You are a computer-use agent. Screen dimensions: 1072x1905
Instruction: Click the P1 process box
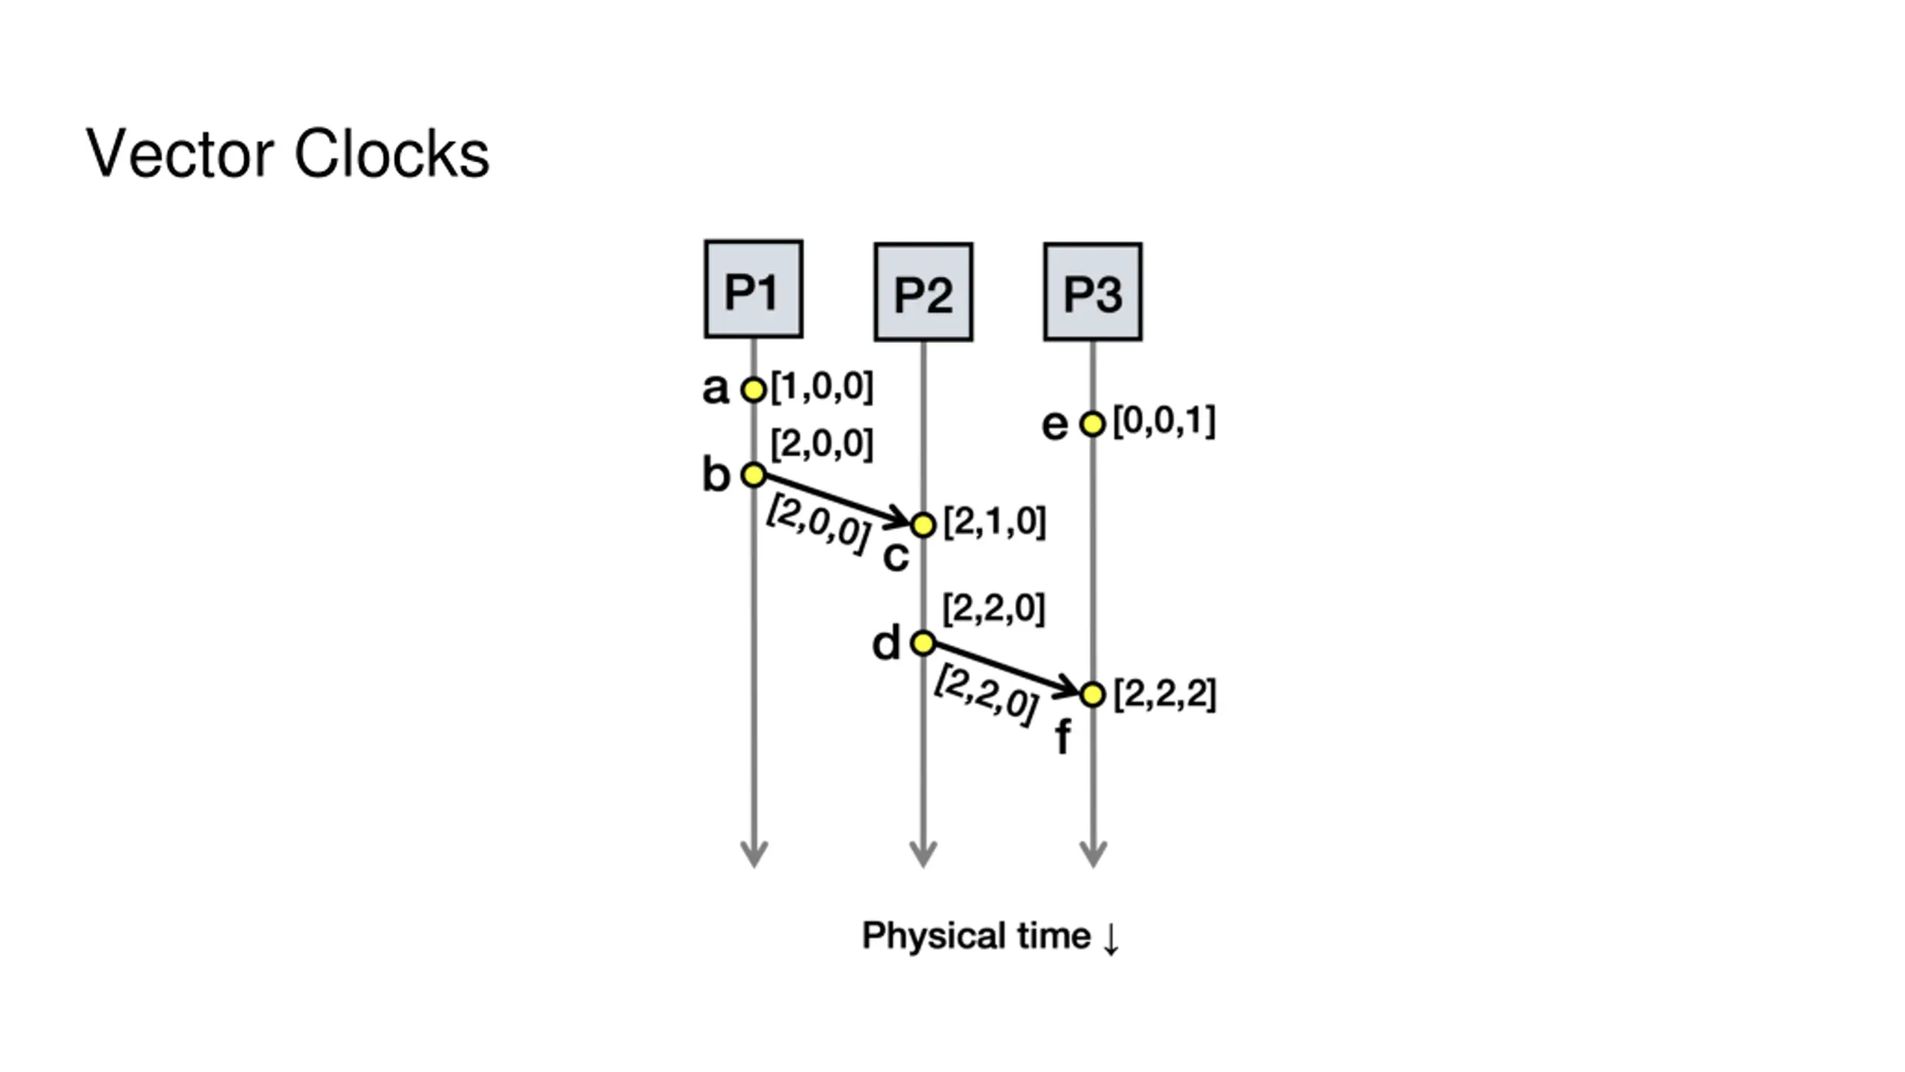[x=753, y=289]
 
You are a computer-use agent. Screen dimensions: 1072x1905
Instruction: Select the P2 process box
[x=923, y=292]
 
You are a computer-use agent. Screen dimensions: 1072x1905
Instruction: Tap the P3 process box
[x=1092, y=292]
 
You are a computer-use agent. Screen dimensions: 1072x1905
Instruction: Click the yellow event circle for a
[x=753, y=389]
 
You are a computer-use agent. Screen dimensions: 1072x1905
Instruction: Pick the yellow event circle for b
[x=753, y=474]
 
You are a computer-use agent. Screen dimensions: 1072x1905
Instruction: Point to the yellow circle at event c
[x=923, y=525]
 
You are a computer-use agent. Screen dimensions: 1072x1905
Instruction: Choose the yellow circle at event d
[x=923, y=642]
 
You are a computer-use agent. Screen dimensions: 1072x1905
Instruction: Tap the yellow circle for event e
[x=1092, y=424]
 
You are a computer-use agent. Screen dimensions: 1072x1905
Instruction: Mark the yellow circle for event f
[x=1092, y=694]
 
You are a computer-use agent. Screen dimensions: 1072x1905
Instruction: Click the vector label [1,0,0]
[x=822, y=386]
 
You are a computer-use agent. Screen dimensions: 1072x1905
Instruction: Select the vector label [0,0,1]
[x=1164, y=421]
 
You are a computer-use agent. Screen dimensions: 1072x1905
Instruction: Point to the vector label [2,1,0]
[x=994, y=522]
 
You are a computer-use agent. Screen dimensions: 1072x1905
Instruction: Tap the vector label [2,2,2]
[x=1165, y=695]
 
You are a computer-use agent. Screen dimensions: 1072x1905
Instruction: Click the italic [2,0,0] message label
[x=818, y=524]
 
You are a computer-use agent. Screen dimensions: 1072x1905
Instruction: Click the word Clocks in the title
[x=391, y=153]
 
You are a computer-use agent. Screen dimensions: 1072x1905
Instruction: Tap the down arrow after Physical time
[x=1110, y=938]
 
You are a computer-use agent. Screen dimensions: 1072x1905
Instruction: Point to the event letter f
[x=1063, y=737]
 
